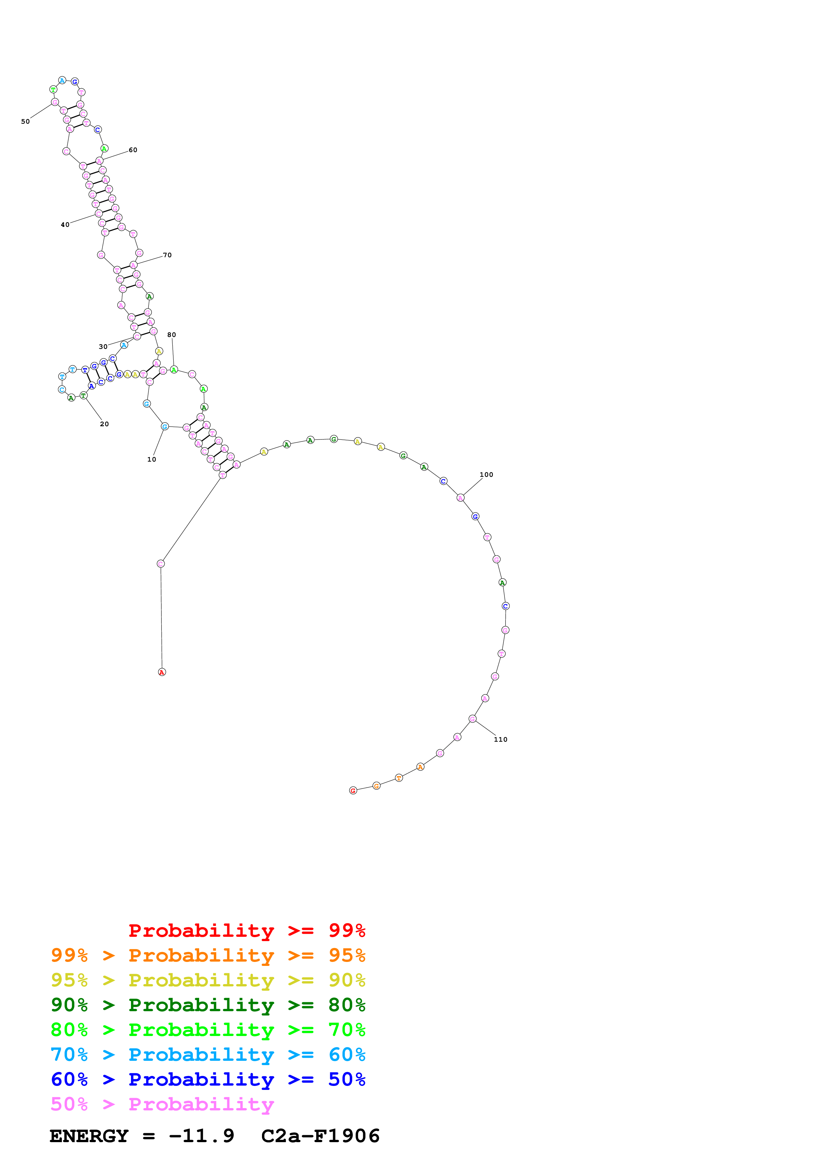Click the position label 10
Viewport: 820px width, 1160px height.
pos(151,459)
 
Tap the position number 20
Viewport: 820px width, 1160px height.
pos(104,424)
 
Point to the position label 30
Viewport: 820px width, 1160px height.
pos(103,347)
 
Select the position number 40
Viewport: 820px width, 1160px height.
pos(65,225)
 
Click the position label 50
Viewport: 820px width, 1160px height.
pos(25,121)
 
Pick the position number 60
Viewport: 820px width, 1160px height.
pos(133,150)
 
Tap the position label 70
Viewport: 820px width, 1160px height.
pos(167,255)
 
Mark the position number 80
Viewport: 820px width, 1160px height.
pos(172,334)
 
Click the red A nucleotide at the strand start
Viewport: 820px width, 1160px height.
pos(162,672)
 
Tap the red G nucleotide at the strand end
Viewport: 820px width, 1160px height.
pos(353,791)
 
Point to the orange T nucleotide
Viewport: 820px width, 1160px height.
pos(399,778)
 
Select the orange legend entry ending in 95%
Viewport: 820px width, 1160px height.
pos(208,955)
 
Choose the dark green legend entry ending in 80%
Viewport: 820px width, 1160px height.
pos(208,1005)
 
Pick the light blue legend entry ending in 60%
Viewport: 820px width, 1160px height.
pos(208,1055)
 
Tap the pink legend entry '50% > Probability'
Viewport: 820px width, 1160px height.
pos(162,1104)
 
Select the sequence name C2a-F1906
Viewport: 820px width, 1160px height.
pos(320,1136)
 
